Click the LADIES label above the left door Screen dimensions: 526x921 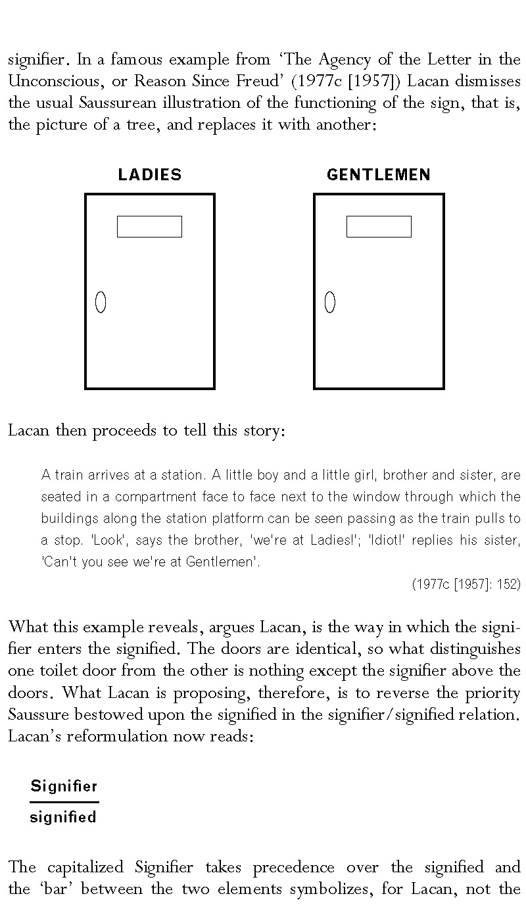pos(150,175)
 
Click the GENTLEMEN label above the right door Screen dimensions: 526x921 pos(379,175)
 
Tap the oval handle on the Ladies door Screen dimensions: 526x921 pos(101,302)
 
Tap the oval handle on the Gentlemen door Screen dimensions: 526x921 pos(330,302)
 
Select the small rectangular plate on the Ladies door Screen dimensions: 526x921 pos(150,226)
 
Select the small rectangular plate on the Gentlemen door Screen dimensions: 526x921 pos(379,226)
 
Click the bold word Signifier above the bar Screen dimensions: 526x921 pos(64,787)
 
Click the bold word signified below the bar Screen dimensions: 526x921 pos(63,817)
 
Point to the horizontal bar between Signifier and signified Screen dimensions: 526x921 pos(64,802)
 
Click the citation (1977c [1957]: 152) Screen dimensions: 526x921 pos(466,584)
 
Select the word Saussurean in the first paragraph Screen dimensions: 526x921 pos(118,103)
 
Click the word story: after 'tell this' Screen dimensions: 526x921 pos(264,430)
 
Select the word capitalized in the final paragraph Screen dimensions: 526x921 pos(85,867)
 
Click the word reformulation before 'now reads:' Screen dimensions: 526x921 pos(117,736)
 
